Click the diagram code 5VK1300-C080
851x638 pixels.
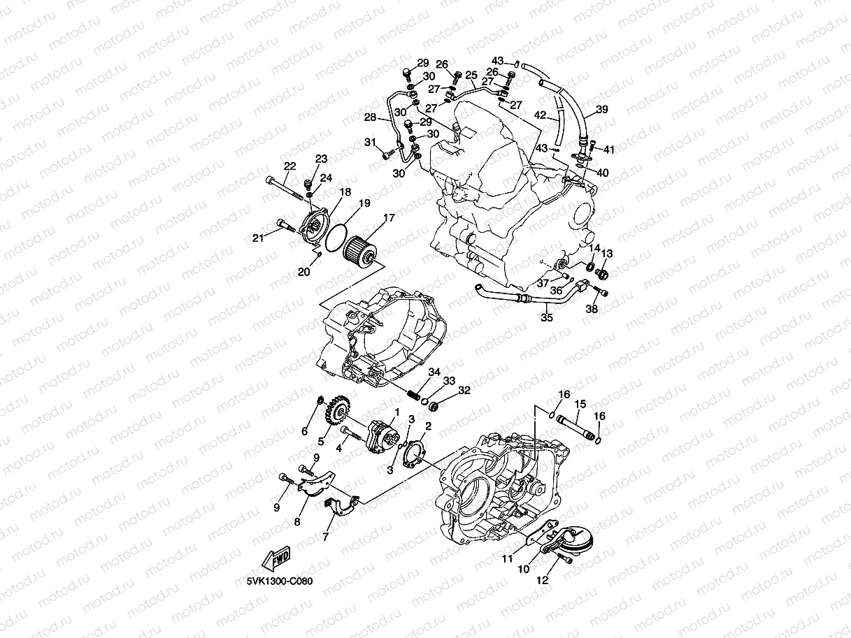pos(279,581)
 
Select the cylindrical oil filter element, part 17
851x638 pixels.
pos(363,249)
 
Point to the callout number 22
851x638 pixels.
pos(289,166)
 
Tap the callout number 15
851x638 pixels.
pos(580,404)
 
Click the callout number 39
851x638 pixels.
pos(601,110)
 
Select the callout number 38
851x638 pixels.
pos(592,309)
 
